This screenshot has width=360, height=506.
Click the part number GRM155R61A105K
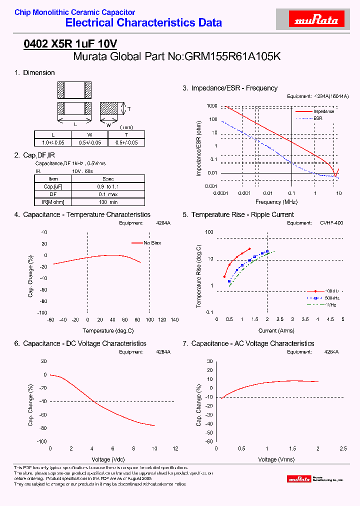click(232, 57)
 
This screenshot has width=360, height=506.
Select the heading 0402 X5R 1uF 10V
click(70, 44)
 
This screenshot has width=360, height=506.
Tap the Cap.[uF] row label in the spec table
click(53, 186)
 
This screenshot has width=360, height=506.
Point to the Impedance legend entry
click(323, 111)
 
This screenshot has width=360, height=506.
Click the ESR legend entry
click(318, 118)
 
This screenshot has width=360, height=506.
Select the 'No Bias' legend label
click(152, 242)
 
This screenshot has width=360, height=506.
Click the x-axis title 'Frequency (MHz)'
click(276, 202)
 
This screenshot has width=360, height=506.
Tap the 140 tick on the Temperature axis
click(174, 320)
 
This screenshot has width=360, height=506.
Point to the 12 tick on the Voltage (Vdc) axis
click(175, 449)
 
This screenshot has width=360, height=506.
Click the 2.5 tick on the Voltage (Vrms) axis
click(343, 449)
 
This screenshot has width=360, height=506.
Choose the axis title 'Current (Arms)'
click(276, 330)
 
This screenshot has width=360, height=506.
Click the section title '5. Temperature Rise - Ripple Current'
click(238, 214)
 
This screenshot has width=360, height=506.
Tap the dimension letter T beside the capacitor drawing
click(128, 108)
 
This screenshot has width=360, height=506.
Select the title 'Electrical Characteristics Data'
click(143, 22)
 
